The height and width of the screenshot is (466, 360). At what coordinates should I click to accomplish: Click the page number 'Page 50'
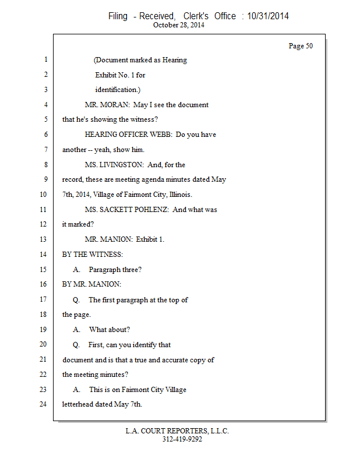click(301, 46)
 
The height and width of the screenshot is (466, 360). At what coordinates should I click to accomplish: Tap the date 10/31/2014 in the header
click(267, 16)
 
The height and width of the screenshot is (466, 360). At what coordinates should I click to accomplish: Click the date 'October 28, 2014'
click(179, 25)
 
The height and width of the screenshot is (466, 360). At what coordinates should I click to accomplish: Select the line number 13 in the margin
click(44, 239)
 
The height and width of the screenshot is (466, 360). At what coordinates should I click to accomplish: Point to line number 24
click(44, 404)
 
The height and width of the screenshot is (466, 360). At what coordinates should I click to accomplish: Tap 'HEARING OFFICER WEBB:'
click(128, 135)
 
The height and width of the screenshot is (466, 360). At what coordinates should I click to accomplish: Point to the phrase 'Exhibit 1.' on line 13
click(150, 239)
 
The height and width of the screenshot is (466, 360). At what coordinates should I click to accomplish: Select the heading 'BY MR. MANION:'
click(91, 284)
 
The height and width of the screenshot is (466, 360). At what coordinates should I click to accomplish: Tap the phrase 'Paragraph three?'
click(115, 270)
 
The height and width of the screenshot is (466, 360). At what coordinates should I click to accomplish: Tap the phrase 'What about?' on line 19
click(110, 330)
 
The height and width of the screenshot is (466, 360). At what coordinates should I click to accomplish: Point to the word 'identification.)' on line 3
click(118, 90)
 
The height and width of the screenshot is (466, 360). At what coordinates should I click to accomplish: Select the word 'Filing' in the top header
click(118, 16)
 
